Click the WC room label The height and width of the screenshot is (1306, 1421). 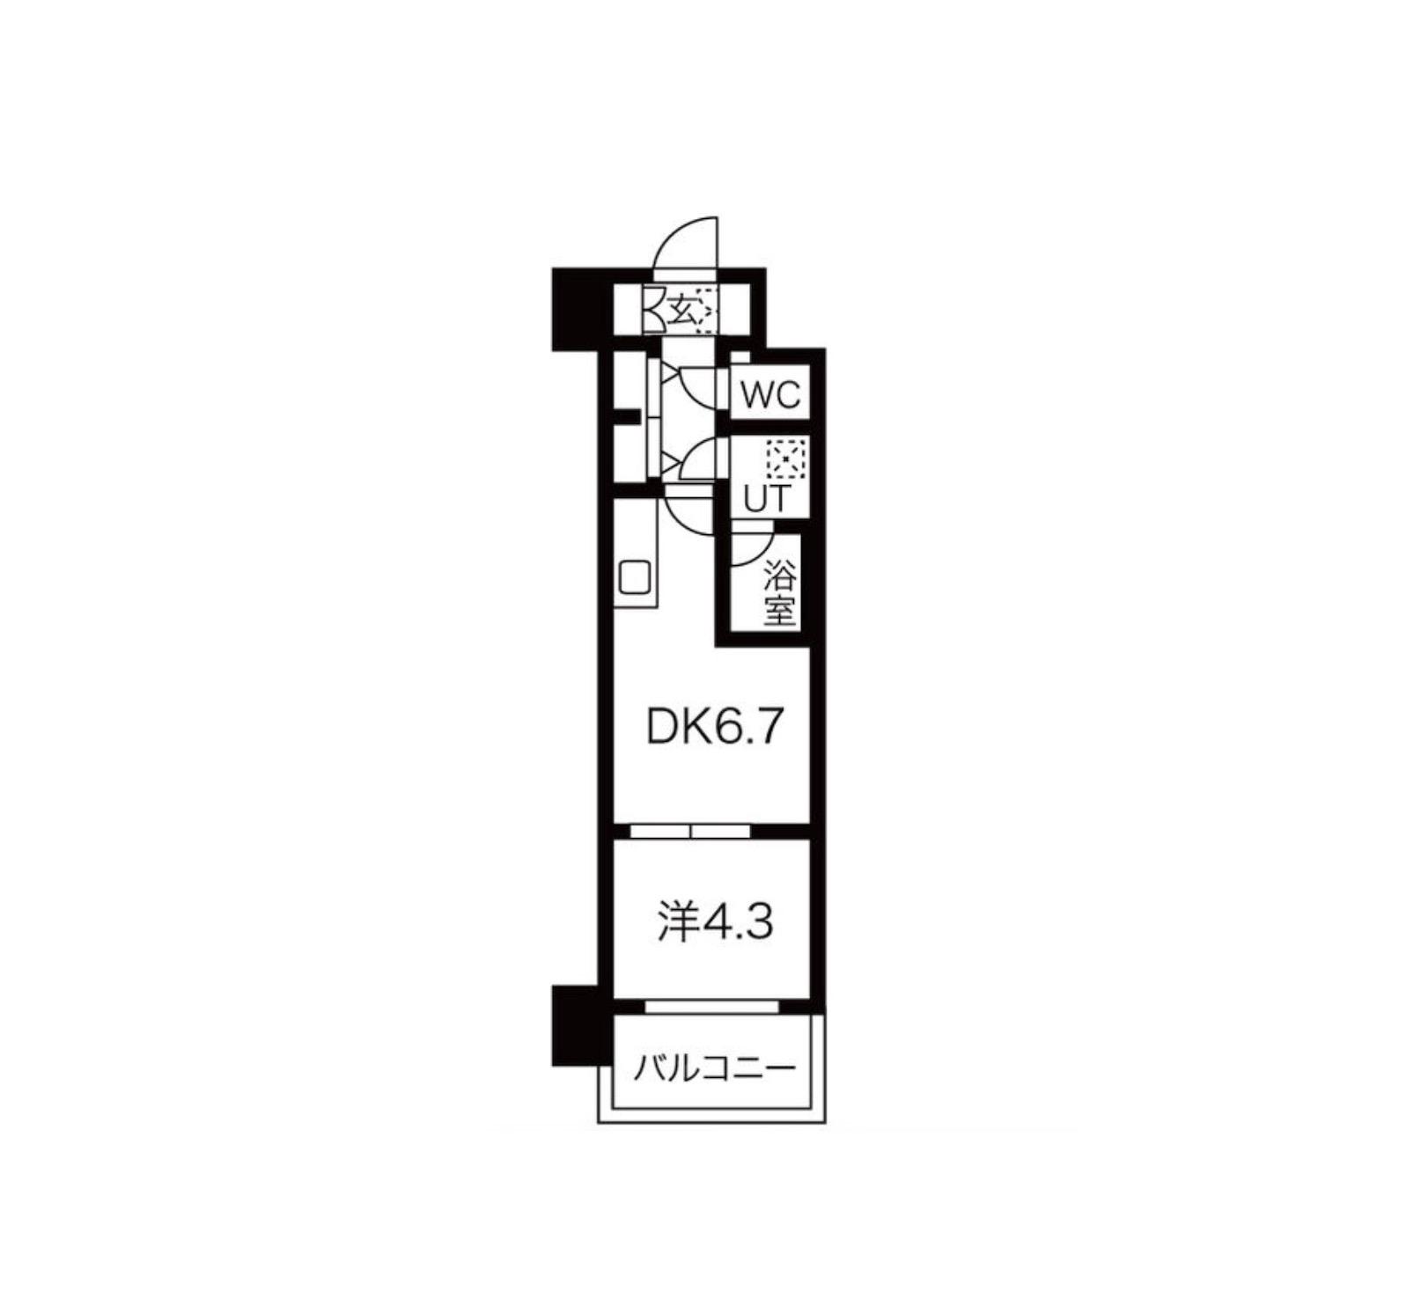click(x=769, y=395)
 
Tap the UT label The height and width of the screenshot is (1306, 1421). click(x=766, y=499)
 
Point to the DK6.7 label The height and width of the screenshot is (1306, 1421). click(x=714, y=727)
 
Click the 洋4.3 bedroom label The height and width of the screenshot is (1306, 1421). click(x=716, y=922)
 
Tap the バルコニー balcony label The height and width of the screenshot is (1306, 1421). click(x=715, y=1069)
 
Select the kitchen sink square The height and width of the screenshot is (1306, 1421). click(x=635, y=576)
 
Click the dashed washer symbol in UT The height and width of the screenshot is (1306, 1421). click(x=786, y=459)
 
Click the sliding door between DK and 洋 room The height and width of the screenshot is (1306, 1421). click(x=690, y=830)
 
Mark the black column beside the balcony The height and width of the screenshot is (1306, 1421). click(x=574, y=1025)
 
